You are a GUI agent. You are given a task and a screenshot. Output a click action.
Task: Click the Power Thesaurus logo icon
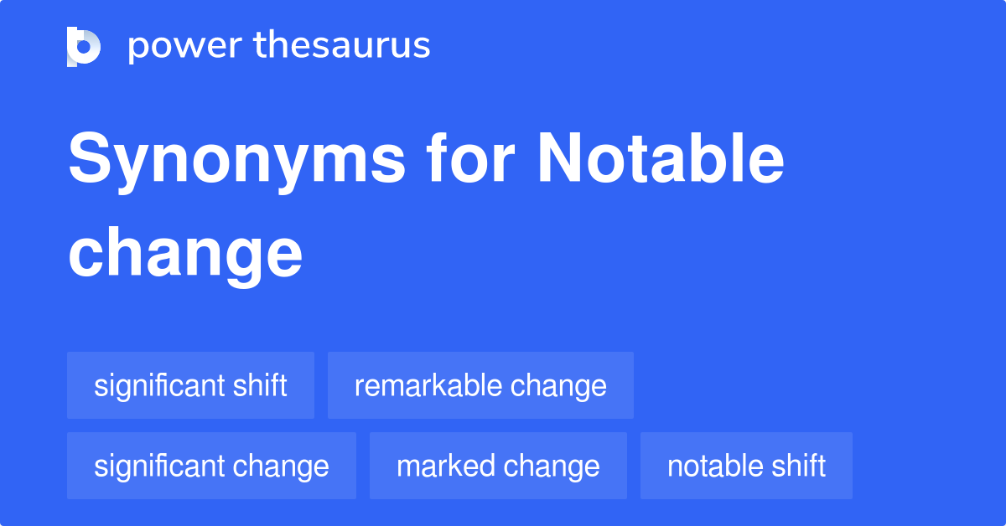(x=84, y=46)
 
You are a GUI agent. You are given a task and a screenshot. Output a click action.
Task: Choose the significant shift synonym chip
(x=190, y=385)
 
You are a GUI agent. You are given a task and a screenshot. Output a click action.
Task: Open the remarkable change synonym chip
(x=480, y=385)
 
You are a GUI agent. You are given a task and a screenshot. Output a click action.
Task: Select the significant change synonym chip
(x=211, y=466)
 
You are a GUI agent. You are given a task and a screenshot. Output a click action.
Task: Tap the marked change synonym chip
(x=498, y=466)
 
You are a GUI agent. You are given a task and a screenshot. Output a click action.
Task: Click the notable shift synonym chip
(x=746, y=466)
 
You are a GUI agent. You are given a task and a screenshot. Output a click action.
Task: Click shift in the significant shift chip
(x=260, y=385)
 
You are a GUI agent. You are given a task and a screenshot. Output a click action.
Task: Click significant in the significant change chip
(x=158, y=466)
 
